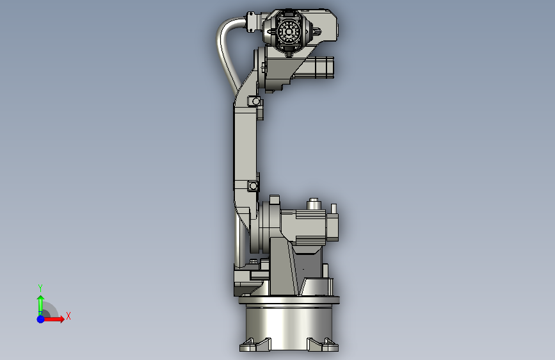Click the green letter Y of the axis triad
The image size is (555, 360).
pos(40,288)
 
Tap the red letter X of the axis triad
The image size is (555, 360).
pos(68,316)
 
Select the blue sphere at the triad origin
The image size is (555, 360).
pos(41,319)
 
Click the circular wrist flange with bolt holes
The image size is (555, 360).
pos(289,32)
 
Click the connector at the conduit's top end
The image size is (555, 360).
pos(252,22)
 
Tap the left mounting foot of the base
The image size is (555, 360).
pos(255,345)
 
